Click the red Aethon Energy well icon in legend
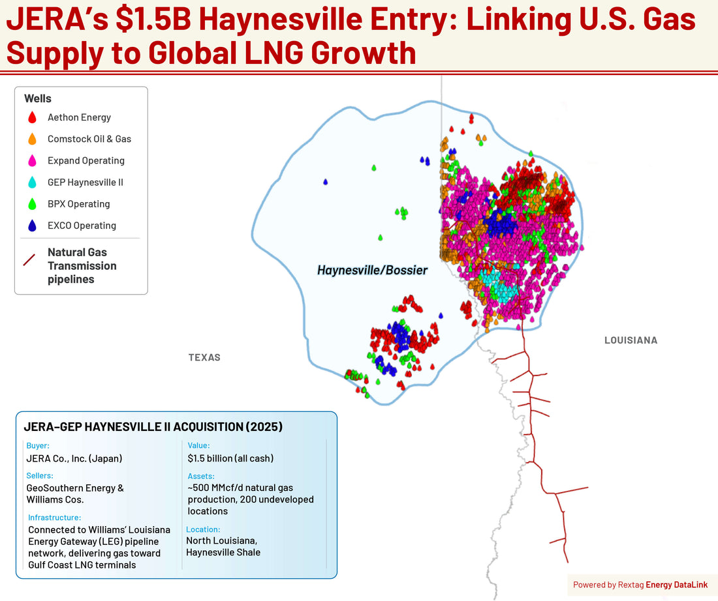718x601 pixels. [32, 118]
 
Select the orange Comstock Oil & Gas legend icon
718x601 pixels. [32, 139]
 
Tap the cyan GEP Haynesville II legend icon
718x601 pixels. [32, 183]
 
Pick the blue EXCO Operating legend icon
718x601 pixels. [32, 226]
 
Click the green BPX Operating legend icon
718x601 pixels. [32, 204]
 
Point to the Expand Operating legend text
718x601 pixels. [86, 160]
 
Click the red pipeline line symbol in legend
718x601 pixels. [29, 259]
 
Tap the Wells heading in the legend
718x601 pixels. [38, 98]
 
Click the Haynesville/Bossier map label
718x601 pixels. [372, 270]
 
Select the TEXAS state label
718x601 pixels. [204, 357]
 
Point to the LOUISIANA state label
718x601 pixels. [631, 340]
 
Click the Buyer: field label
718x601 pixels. [38, 446]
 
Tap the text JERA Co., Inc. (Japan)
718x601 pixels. [74, 458]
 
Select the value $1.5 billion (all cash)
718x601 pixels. [230, 458]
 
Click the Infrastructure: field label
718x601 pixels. [54, 518]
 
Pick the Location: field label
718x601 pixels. [203, 529]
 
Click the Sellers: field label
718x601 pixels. [40, 476]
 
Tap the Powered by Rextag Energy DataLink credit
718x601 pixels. [640, 585]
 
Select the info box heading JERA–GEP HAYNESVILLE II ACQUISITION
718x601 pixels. [153, 428]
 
